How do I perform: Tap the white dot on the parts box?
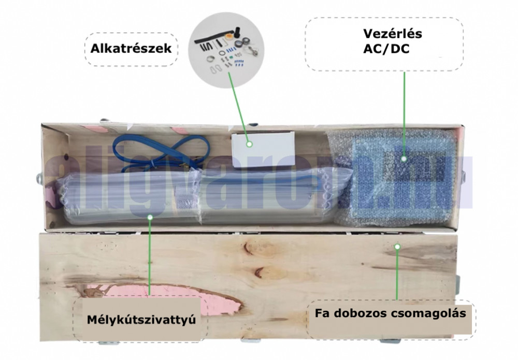pos(248,145)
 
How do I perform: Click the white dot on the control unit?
pos(404,160)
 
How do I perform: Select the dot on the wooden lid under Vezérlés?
pos(397,247)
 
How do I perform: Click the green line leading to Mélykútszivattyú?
pos(149,259)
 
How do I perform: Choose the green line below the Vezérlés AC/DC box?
pos(404,114)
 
